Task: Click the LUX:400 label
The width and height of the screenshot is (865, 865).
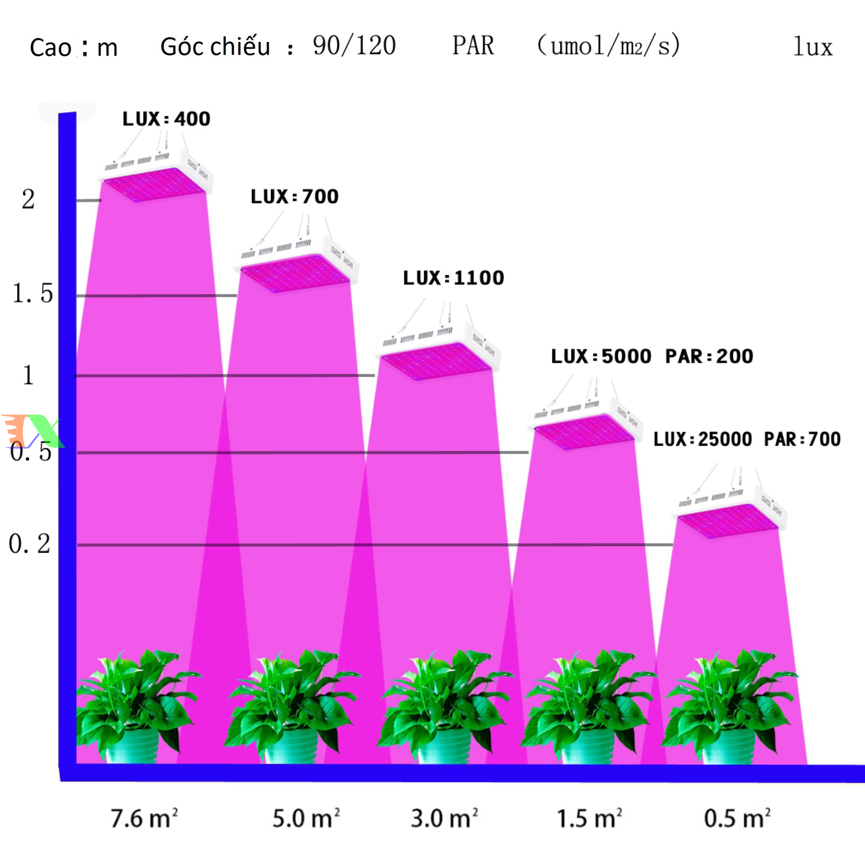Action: pos(166,119)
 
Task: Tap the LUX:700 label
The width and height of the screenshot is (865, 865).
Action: pos(295,197)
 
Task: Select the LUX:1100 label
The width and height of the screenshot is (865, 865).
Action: pos(453,278)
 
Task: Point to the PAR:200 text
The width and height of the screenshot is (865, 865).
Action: pos(709,356)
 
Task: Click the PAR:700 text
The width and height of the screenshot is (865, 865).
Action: pos(802,439)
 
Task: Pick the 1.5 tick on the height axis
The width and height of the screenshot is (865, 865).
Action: pos(33,293)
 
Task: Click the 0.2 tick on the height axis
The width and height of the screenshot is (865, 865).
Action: pos(30,544)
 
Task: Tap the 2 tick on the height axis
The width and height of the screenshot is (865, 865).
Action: pos(28,199)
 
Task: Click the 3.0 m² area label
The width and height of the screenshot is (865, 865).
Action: pos(444,819)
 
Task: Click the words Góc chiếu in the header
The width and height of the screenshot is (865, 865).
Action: pos(215,46)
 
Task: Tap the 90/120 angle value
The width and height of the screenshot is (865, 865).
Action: pos(354,46)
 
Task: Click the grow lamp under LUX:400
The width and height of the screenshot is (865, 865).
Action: pos(155,178)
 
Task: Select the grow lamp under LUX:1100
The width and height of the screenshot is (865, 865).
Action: pos(437,354)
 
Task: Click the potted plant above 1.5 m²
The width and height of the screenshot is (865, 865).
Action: pos(588,707)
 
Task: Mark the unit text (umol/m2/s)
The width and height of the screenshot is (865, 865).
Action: pos(608,46)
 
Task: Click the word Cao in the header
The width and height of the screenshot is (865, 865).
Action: pos(50,47)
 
